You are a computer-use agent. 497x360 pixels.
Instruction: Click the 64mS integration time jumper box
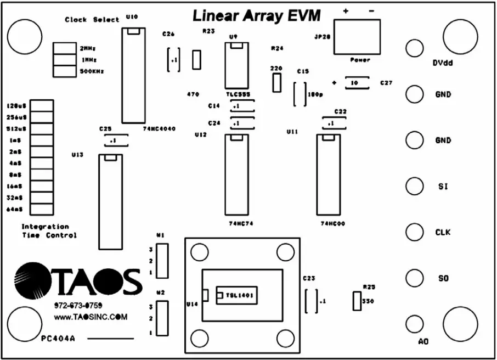tap(41, 209)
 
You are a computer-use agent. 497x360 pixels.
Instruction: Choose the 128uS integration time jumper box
tap(41, 105)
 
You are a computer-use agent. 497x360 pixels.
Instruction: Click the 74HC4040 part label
tap(159, 128)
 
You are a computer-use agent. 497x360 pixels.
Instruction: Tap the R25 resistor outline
tap(357, 301)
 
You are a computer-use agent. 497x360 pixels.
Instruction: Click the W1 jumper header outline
tap(162, 261)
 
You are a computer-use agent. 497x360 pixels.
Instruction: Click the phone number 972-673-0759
tap(78, 305)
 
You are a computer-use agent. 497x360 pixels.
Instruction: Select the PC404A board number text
tap(58, 339)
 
